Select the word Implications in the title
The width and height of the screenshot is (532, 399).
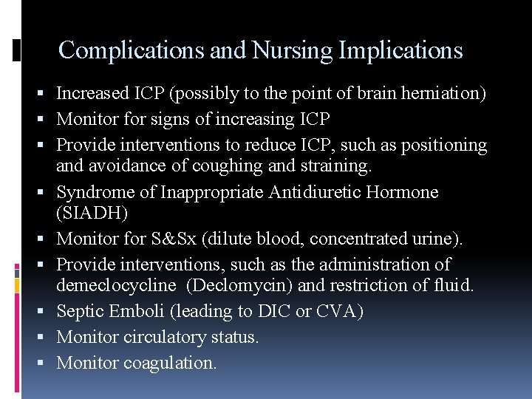pos(400,50)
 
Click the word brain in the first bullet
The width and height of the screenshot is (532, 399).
pos(383,94)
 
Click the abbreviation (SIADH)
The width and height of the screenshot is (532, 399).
pos(91,213)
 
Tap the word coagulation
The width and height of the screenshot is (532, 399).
pos(170,363)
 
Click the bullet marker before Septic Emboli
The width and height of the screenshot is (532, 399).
pos(47,312)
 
